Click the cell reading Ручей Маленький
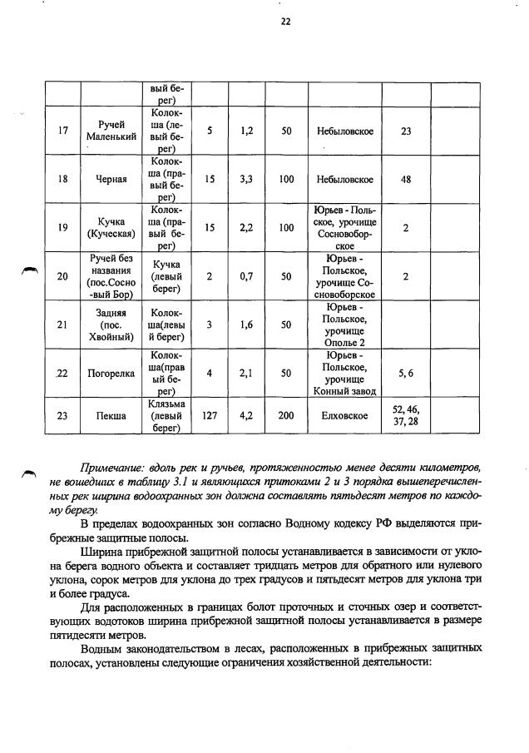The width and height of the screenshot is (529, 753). pos(111,131)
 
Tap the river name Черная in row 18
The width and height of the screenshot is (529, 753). pos(111,179)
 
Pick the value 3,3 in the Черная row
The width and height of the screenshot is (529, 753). pos(246,179)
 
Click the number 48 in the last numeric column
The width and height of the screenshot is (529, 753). pos(406,179)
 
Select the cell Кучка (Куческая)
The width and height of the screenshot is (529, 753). pos(111,227)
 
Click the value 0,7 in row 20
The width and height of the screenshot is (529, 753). pos(246,276)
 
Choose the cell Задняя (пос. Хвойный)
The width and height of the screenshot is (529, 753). pos(111,324)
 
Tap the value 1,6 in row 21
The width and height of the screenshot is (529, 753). pos(246,324)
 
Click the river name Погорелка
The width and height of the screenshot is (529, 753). pos(111,374)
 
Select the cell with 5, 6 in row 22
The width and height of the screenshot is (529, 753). pos(406,374)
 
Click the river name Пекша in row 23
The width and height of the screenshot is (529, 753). pos(111,416)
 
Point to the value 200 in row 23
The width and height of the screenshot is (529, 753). pos(286,416)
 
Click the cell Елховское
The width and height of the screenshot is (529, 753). pos(344,416)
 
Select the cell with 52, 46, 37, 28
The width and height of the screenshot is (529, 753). pos(406,416)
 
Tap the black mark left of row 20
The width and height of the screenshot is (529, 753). pos(29,269)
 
